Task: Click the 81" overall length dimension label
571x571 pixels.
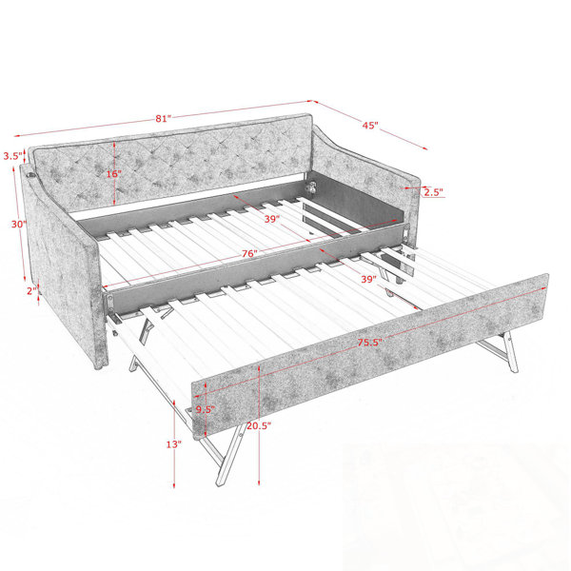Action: point(163,118)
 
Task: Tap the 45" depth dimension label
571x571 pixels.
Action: point(370,126)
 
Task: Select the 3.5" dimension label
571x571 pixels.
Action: point(13,156)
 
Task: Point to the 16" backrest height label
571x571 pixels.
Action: point(114,174)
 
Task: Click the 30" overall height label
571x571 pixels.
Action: point(19,225)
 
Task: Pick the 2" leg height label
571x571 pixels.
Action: point(32,291)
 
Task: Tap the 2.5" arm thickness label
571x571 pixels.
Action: point(433,192)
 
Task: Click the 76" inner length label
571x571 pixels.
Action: point(249,253)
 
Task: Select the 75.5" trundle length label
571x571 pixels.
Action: point(369,343)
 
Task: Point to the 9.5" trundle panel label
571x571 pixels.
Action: point(206,409)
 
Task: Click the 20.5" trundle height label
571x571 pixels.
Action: point(259,425)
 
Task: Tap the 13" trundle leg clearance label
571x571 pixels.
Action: point(174,444)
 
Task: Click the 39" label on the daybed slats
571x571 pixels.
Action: point(272,219)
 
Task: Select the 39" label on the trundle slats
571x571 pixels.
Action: point(368,279)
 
